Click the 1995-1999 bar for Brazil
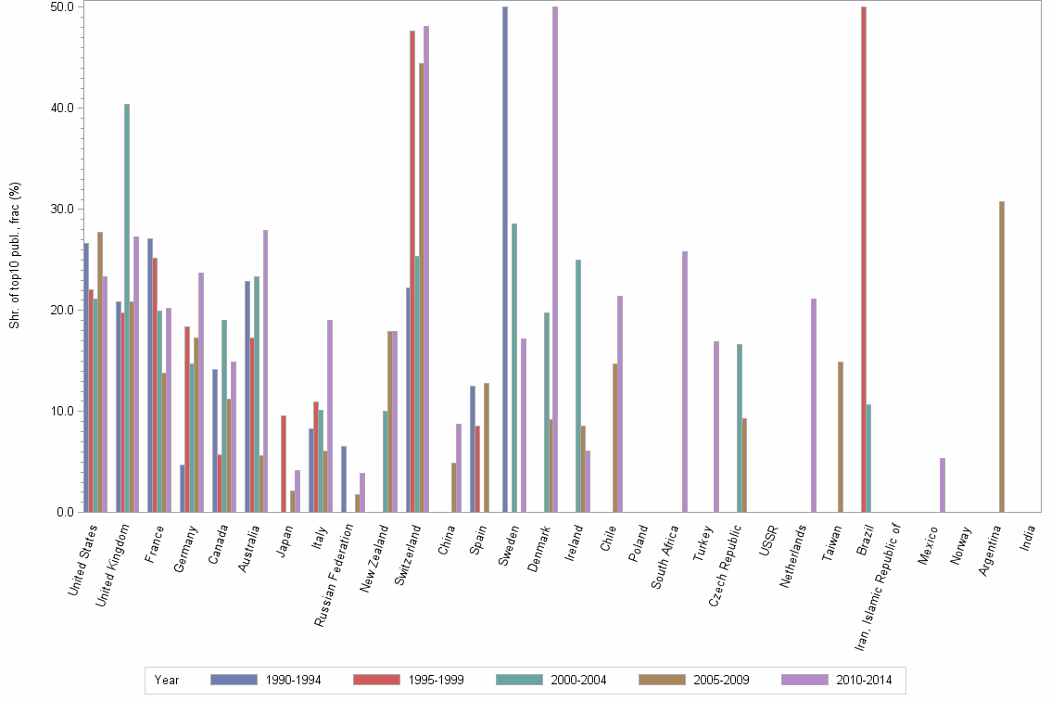[864, 260]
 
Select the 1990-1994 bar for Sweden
[505, 260]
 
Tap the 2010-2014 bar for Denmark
[555, 260]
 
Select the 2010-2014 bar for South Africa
[685, 382]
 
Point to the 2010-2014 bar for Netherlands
[814, 405]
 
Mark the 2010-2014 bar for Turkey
[716, 427]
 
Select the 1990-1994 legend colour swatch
[234, 680]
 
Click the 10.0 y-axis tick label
[61, 411]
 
